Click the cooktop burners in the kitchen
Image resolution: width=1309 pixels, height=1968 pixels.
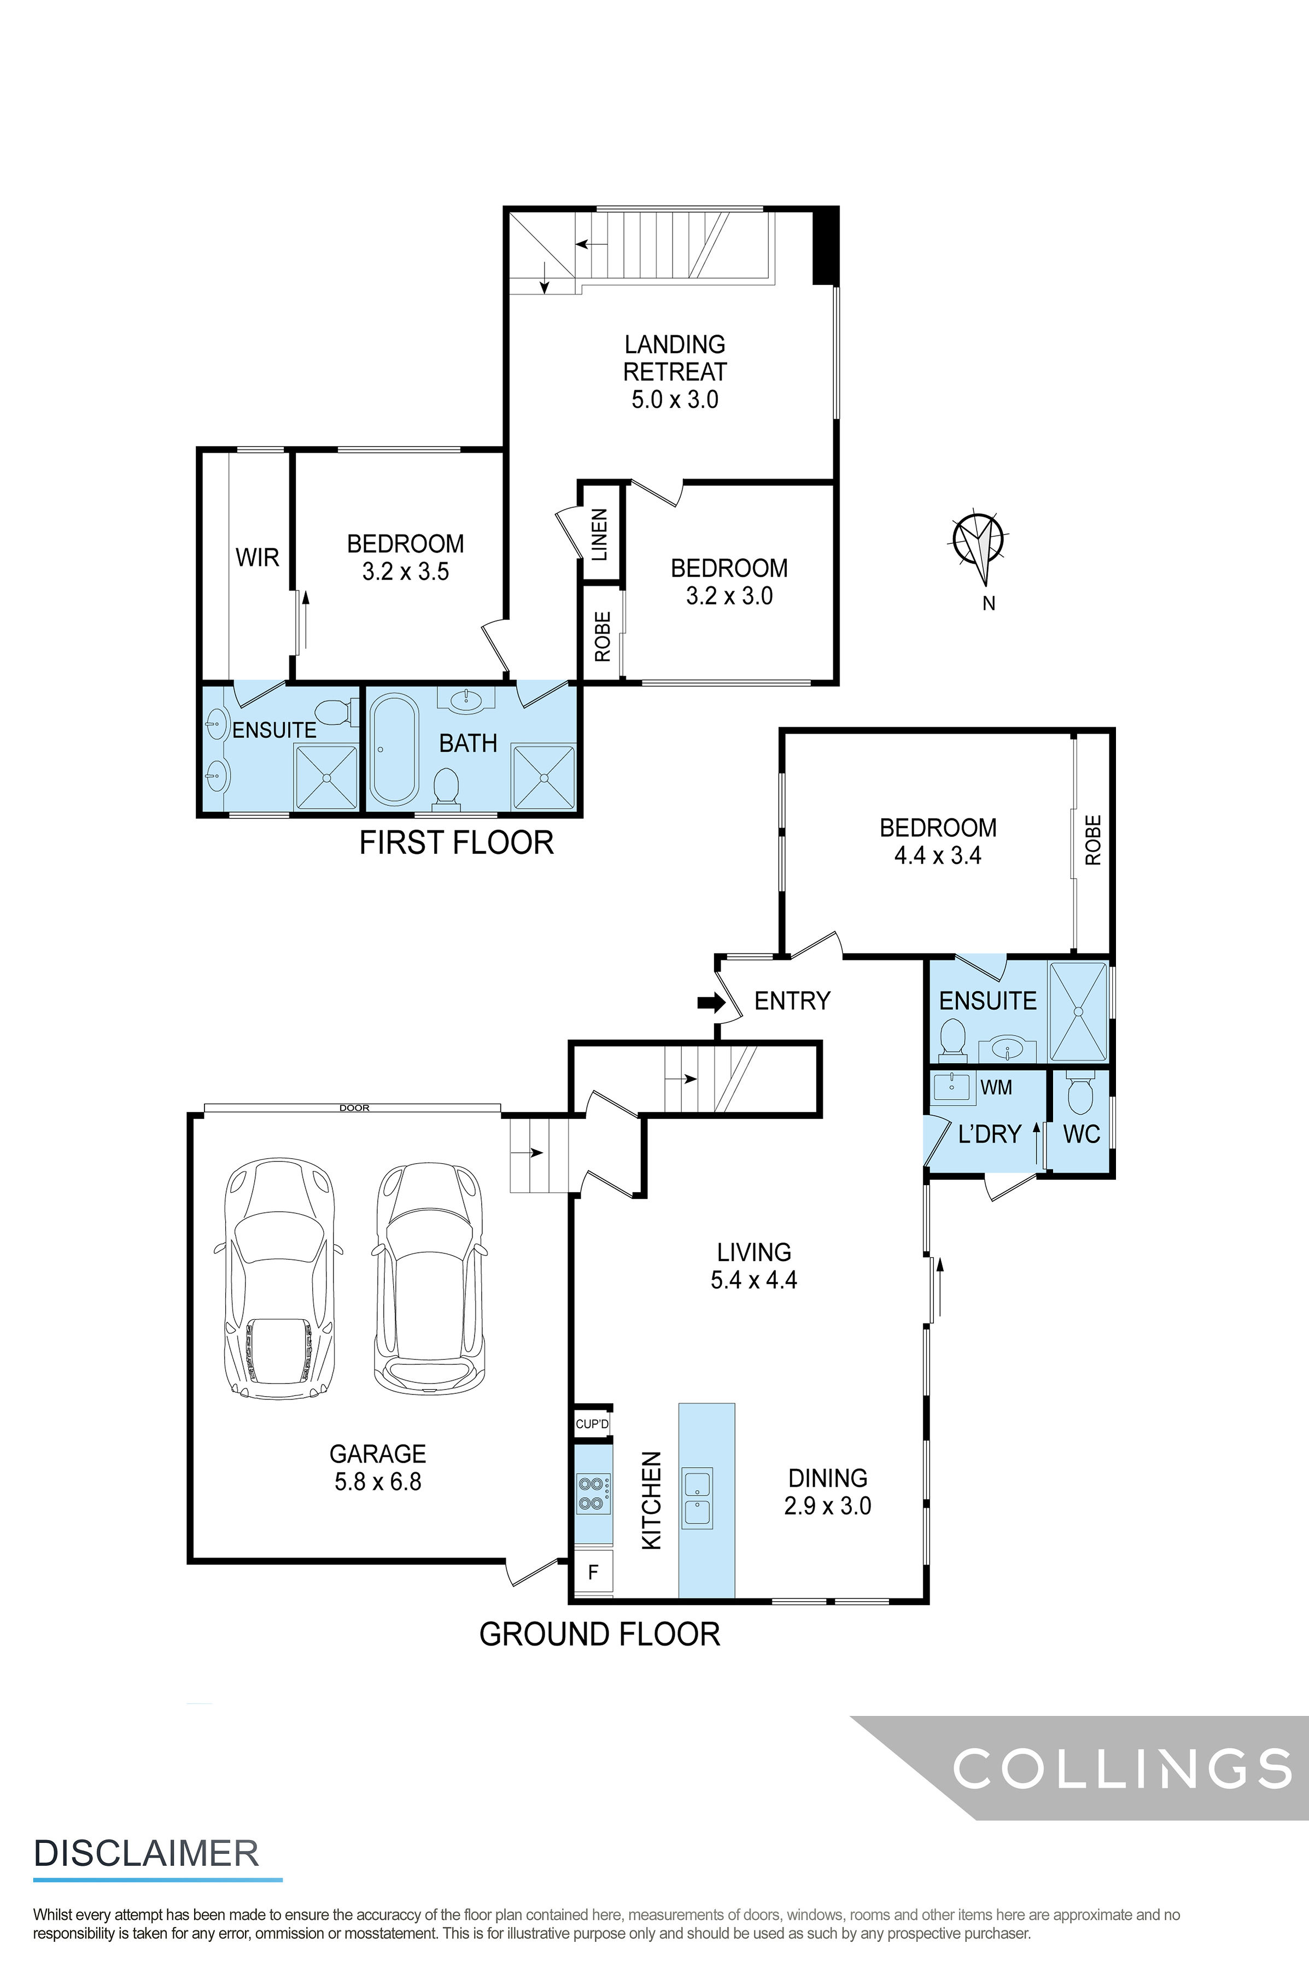point(592,1494)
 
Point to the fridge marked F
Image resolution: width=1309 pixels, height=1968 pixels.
point(593,1572)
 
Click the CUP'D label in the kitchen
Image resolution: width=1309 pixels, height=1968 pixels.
point(592,1424)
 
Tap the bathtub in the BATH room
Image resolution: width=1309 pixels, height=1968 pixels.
point(394,748)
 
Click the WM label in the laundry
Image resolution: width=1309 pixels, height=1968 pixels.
point(996,1087)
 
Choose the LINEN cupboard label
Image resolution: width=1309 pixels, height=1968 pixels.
point(599,534)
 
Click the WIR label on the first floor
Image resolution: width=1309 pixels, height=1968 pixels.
point(257,558)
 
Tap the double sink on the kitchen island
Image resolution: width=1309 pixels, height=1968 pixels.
point(697,1498)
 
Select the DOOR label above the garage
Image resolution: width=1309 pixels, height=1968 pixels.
point(354,1108)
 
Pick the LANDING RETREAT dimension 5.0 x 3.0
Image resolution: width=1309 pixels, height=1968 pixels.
point(675,399)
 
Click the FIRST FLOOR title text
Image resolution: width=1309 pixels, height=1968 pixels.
point(456,843)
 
